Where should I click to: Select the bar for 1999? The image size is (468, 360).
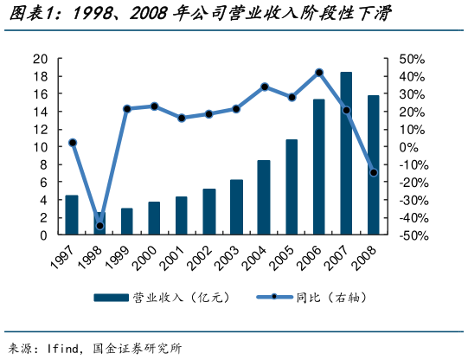pyautogui.click(x=127, y=222)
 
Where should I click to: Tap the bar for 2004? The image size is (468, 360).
pyautogui.click(x=264, y=197)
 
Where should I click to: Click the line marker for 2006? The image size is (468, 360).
pyautogui.click(x=319, y=72)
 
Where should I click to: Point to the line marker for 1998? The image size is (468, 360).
pyautogui.click(x=99, y=226)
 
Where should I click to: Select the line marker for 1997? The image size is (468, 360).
pyautogui.click(x=73, y=143)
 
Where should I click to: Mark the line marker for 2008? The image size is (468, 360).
pyautogui.click(x=374, y=173)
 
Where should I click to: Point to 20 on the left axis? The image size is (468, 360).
pyautogui.click(x=40, y=59)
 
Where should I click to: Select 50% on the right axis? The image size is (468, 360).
pyautogui.click(x=412, y=59)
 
